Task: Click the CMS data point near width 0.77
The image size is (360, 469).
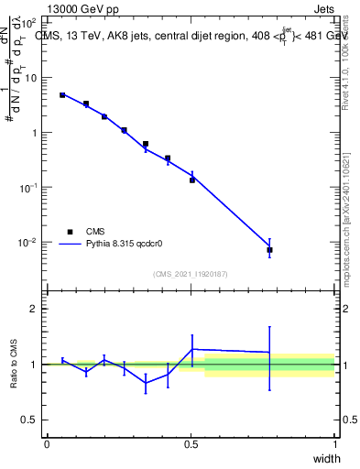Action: (269, 249)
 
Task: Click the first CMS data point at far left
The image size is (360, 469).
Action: (62, 94)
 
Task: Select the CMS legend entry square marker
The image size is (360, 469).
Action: (70, 232)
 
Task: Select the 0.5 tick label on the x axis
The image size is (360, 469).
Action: (191, 443)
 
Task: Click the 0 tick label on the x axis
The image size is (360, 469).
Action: (47, 443)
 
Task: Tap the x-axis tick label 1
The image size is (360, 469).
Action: (335, 443)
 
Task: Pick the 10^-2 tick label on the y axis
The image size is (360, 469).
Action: (27, 243)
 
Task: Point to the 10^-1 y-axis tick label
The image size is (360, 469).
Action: (27, 188)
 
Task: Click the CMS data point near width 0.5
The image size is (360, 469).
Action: (192, 180)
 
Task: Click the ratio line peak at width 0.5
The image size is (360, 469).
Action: (192, 349)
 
